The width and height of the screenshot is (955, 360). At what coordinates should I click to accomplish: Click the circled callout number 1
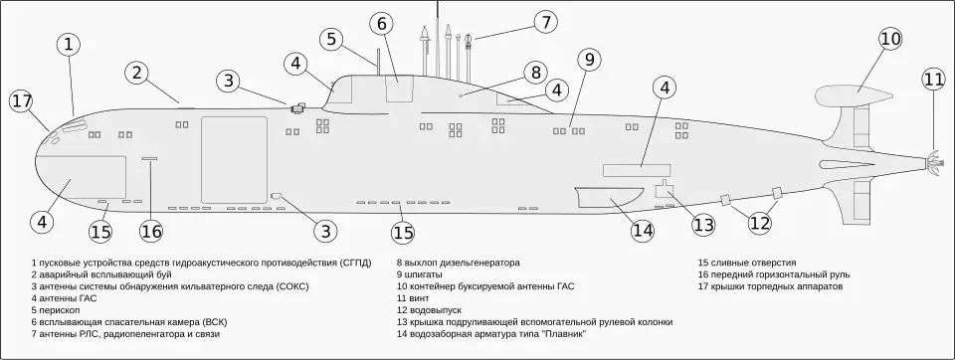click(69, 45)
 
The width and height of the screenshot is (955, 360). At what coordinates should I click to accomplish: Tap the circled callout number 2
click(137, 74)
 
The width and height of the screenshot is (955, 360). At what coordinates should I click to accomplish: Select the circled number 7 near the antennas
click(546, 23)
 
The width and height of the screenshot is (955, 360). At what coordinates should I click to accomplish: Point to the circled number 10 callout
click(890, 39)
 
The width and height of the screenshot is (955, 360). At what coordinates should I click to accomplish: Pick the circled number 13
click(703, 225)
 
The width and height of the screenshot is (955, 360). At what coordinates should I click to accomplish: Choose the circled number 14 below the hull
click(643, 231)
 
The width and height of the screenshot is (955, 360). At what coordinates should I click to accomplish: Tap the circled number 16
click(151, 231)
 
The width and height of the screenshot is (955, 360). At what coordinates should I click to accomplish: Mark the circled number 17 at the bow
click(22, 101)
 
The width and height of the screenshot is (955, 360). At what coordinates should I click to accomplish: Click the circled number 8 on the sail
click(536, 74)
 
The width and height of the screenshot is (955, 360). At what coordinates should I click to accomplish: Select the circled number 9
click(589, 60)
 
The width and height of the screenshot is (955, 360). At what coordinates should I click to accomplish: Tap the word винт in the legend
click(419, 298)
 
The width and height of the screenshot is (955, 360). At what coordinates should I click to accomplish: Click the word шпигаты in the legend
click(421, 274)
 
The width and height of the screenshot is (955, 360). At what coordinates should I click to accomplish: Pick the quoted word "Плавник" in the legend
click(564, 334)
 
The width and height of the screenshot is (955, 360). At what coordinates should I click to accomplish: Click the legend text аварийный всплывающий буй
click(105, 274)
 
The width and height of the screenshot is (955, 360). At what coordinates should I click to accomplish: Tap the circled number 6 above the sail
click(381, 24)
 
